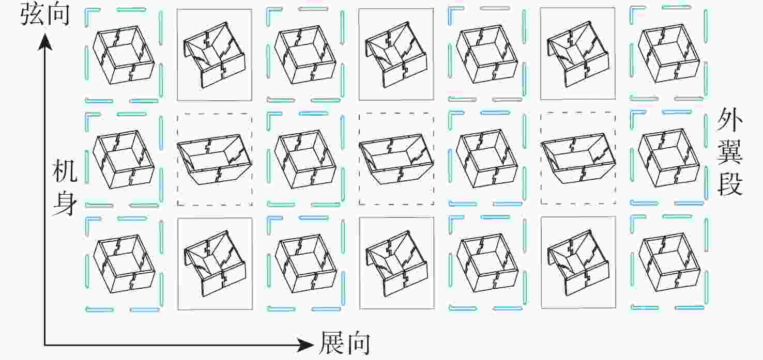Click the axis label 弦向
click(x=45, y=14)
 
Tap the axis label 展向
click(x=345, y=343)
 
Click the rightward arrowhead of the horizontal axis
click(x=305, y=345)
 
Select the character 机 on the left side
click(x=65, y=171)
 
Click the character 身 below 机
click(x=65, y=203)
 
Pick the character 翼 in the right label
click(x=730, y=152)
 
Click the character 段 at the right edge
click(x=730, y=184)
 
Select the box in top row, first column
click(x=124, y=55)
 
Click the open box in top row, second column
click(x=215, y=55)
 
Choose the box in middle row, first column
click(x=124, y=160)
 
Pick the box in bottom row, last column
click(x=669, y=262)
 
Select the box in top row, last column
click(x=669, y=53)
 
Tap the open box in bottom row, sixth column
click(x=578, y=262)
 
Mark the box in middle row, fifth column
click(x=487, y=159)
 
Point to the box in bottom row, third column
click(x=306, y=263)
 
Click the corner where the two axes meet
click(x=44, y=346)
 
